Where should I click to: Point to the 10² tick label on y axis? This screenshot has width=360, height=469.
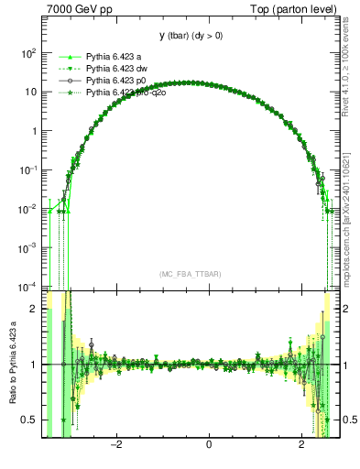tap(27, 53)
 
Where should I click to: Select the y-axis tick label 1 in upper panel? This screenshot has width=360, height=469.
tap(34, 131)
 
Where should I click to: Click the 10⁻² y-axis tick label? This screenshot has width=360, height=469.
tap(27, 209)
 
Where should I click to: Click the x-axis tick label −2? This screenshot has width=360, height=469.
tap(116, 445)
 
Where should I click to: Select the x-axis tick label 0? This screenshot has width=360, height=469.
tap(210, 445)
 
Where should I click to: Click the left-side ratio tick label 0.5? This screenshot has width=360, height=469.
tap(32, 420)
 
